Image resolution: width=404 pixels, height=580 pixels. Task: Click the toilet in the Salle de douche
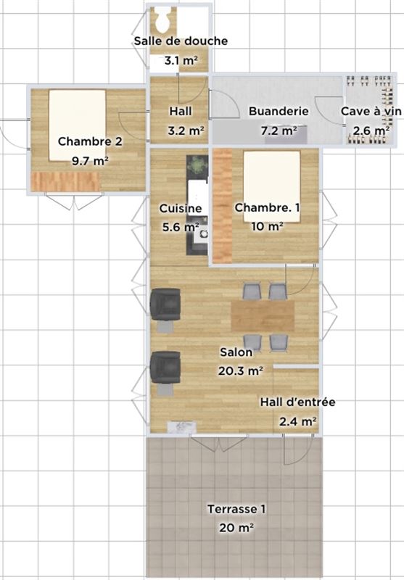162,20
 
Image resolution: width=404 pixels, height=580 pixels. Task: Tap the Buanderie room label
279,111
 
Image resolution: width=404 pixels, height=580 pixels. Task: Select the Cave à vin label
371,111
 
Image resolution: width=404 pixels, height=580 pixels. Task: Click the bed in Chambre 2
78,125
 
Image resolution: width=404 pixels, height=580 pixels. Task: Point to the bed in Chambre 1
271,186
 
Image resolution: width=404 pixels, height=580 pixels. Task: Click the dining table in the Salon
263,315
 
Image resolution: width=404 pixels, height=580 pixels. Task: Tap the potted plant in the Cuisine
197,165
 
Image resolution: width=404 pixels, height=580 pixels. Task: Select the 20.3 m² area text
241,370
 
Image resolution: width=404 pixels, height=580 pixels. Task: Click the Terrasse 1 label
236,509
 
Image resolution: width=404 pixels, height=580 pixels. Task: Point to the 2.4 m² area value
298,421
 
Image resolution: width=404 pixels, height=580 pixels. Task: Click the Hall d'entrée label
298,402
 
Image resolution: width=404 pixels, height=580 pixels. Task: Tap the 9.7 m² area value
90,161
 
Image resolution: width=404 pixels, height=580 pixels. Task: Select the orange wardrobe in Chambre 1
223,206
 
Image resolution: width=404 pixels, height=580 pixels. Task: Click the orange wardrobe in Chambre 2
65,182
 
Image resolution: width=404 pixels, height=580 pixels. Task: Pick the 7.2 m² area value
279,130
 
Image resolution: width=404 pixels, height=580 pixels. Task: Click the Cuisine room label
181,208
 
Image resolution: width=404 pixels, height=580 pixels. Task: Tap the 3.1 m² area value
181,60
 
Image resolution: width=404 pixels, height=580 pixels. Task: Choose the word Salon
236,352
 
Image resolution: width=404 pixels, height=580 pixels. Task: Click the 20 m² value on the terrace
236,528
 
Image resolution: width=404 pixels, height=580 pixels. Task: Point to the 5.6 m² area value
181,227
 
